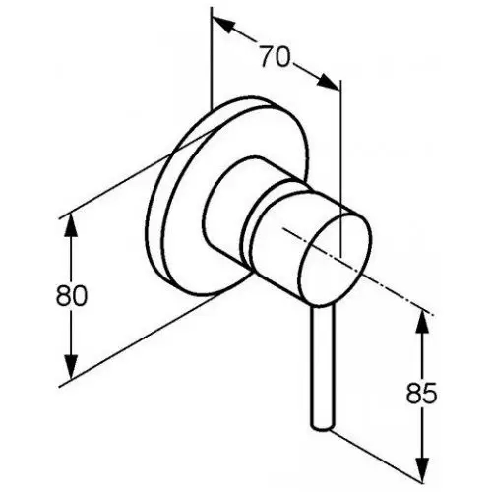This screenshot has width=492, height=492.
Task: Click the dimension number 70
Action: pos(276,56)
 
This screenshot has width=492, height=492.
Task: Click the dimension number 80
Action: pos(72,295)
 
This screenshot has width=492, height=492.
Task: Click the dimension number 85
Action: pos(422,393)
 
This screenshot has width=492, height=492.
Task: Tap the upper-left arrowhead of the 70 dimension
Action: pos(224,24)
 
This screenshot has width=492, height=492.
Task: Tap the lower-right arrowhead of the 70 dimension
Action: pos(328,82)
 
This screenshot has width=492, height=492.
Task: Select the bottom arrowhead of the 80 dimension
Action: pos(71,367)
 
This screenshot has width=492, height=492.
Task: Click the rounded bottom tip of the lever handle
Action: pos(322,426)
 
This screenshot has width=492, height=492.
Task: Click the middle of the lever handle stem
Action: pos(322,366)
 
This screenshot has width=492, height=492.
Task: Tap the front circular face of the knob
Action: pos(336,259)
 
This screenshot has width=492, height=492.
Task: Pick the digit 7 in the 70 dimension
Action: pos(268,56)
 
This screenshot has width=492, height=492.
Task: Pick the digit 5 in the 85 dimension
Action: pos(430,393)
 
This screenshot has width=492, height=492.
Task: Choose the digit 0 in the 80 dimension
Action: pos(80,295)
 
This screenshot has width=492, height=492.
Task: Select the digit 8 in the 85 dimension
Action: pos(414,393)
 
